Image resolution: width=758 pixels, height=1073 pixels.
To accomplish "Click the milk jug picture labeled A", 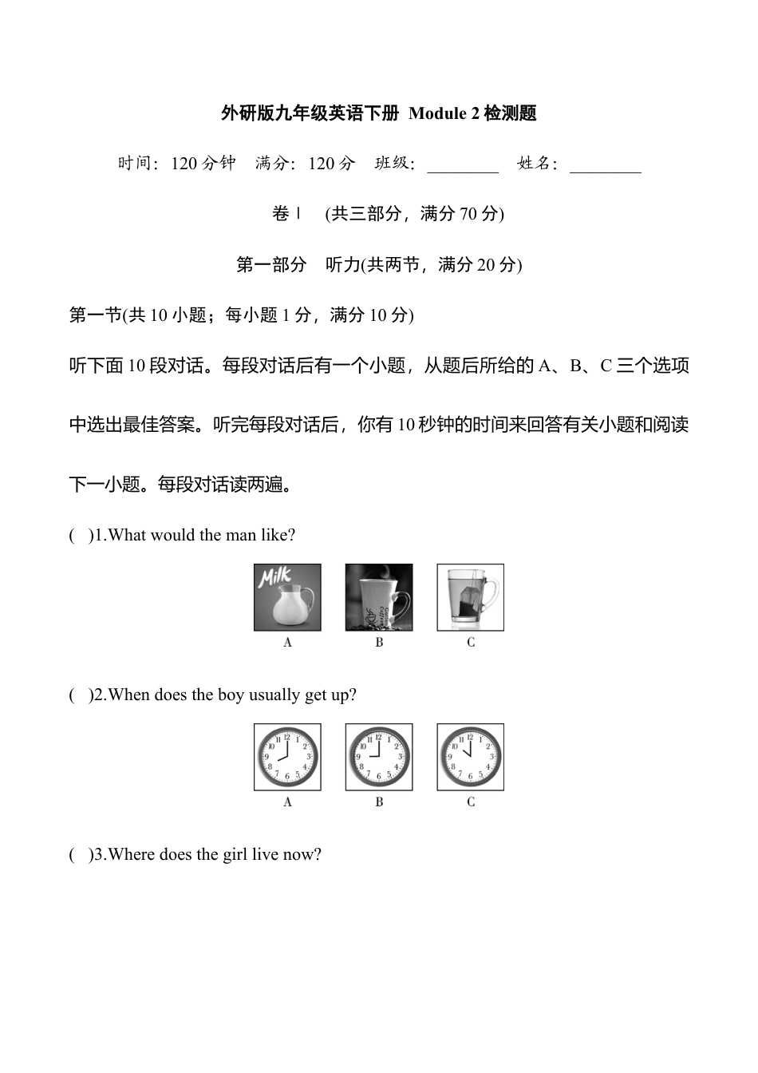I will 287,597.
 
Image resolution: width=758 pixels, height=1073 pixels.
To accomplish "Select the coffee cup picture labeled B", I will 379,597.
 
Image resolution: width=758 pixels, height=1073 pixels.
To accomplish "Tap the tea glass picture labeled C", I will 471,597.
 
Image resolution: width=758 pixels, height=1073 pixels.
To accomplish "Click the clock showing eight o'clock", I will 287,757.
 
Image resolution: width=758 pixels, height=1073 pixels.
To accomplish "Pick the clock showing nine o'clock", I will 379,757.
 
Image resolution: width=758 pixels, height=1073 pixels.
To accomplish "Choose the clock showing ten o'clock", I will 471,757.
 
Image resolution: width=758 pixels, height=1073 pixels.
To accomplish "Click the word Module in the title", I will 437,113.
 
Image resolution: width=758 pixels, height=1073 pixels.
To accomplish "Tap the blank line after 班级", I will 463,168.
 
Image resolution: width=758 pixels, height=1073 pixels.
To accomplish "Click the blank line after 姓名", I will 605,168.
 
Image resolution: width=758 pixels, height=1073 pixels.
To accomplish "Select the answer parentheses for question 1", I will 80,535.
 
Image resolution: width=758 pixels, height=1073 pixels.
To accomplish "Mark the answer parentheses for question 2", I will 80,695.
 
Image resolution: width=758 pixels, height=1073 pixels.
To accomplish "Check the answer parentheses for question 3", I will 80,854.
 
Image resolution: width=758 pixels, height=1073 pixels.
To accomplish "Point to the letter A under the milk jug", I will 288,642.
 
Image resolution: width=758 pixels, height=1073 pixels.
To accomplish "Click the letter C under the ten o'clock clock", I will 471,802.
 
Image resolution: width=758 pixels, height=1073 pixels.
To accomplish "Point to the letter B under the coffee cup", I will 379,642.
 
